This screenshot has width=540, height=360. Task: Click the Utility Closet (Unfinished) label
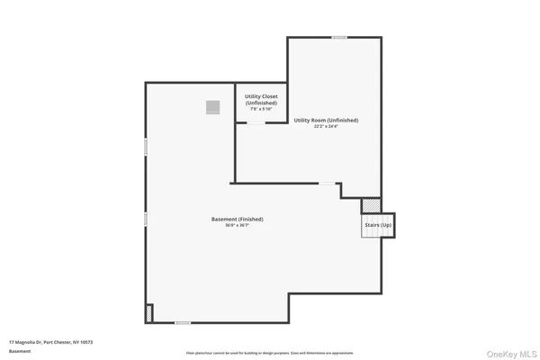(x=261, y=100)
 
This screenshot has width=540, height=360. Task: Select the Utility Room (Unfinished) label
(x=326, y=120)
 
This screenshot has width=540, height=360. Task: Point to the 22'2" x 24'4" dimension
(x=326, y=126)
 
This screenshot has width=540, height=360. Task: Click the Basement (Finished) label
(x=237, y=219)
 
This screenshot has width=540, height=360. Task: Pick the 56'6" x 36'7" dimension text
(x=237, y=225)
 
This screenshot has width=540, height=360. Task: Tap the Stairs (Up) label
(x=378, y=225)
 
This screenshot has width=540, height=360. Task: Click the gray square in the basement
(x=212, y=107)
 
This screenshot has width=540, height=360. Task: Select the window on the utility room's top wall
(x=339, y=37)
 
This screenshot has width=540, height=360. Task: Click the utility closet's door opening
(x=256, y=123)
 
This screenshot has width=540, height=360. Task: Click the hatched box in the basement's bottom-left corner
(x=149, y=313)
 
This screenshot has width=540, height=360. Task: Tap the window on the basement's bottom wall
(x=183, y=322)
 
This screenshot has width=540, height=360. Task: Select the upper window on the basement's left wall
(x=146, y=146)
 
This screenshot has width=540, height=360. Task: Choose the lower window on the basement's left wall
(x=146, y=219)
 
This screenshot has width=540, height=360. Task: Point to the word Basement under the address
(x=20, y=352)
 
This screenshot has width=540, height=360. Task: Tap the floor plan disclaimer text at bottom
(x=270, y=354)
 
